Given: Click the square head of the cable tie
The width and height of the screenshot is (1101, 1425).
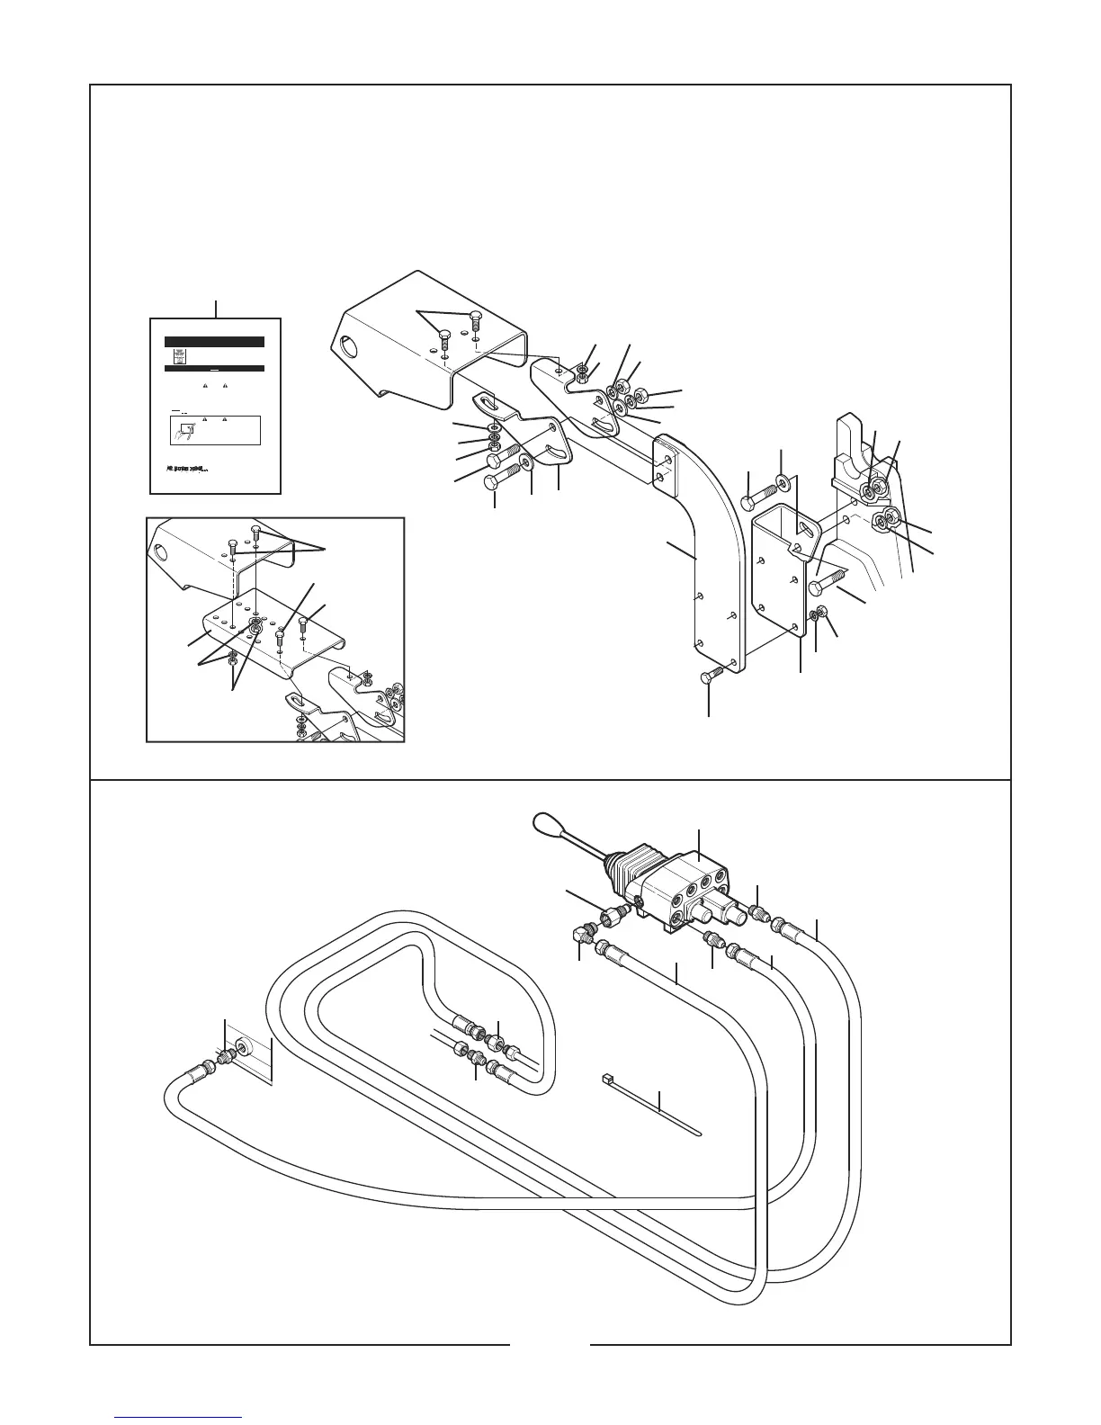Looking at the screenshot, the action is pyautogui.click(x=605, y=1077).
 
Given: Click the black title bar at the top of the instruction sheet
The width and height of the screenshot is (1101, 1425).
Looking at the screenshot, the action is pyautogui.click(x=214, y=342).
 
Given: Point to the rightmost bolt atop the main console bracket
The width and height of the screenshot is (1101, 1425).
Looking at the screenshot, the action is pyautogui.click(x=475, y=320).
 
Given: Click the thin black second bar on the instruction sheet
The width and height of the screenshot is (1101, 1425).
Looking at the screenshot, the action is pyautogui.click(x=214, y=368).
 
